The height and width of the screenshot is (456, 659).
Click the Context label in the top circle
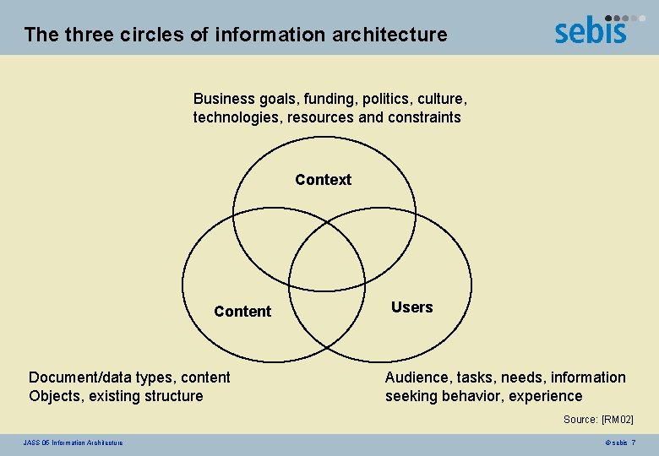[323, 180]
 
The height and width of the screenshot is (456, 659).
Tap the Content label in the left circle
[242, 312]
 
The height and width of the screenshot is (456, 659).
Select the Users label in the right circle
[411, 307]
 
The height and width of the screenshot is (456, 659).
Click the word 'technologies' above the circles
[237, 117]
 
